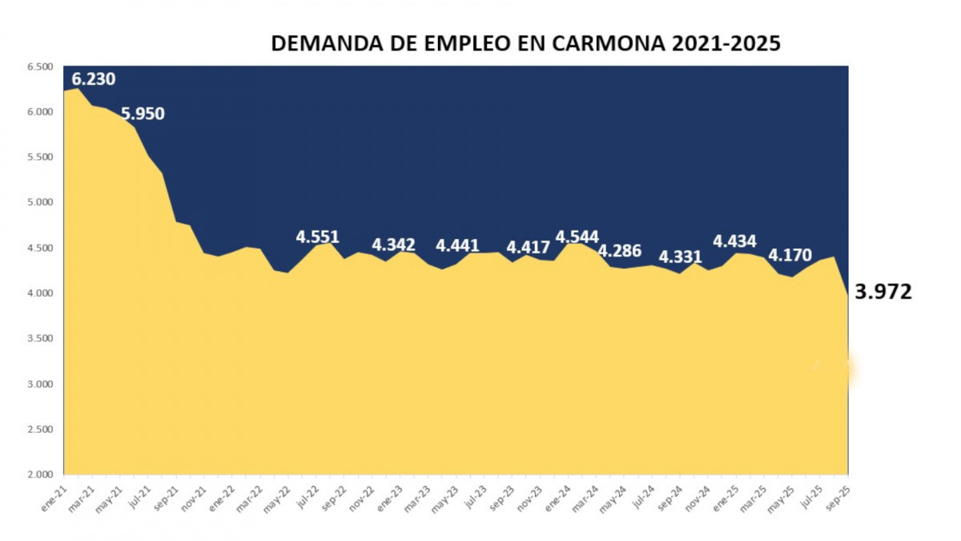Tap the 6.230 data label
click(94, 79)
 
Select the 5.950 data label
click(143, 114)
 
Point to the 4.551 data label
click(317, 237)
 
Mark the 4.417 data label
click(528, 247)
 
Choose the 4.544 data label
click(577, 237)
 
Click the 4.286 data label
click(620, 251)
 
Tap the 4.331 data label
click(680, 257)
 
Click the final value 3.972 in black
click(883, 293)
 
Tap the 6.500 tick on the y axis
click(39, 67)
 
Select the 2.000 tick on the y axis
click(39, 474)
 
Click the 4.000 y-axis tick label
click(39, 293)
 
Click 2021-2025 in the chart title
click(726, 43)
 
